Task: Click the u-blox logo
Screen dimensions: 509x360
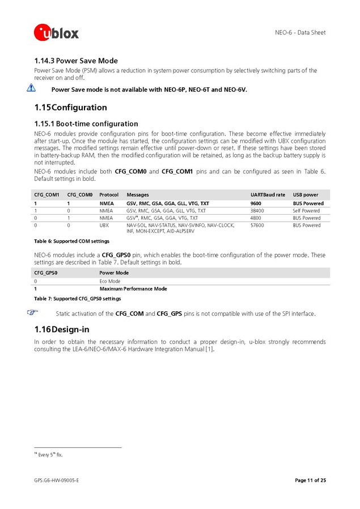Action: point(57,32)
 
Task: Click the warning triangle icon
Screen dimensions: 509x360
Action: point(31,88)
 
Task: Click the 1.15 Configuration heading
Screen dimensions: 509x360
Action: point(70,107)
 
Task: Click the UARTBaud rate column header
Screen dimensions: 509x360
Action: point(268,195)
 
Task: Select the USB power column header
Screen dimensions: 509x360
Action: point(306,195)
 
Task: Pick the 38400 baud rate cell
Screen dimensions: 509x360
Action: point(257,210)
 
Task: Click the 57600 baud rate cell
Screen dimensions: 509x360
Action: point(257,225)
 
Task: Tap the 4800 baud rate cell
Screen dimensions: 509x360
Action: point(256,218)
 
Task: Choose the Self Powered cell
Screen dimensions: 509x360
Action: point(306,210)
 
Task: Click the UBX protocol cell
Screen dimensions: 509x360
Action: point(104,225)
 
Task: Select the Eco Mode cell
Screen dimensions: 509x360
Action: point(110,281)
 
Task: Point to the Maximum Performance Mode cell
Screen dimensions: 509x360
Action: point(133,289)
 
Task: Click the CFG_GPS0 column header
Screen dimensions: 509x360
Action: point(46,273)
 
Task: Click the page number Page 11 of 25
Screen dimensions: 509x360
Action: point(310,481)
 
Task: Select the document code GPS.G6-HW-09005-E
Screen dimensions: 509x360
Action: point(56,481)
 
